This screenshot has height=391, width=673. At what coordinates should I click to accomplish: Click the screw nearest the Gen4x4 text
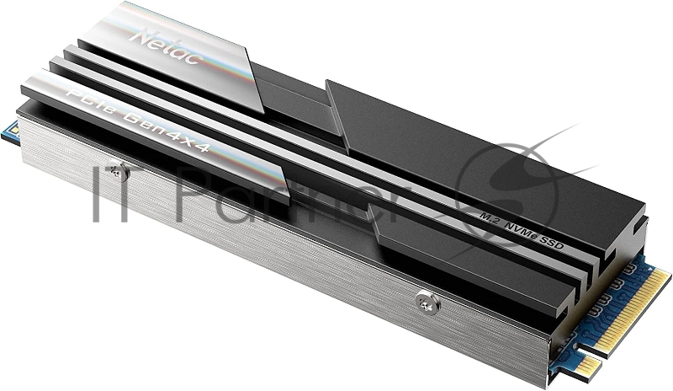tap(120, 171)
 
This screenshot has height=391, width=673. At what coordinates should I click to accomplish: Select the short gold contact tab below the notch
tap(590, 365)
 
